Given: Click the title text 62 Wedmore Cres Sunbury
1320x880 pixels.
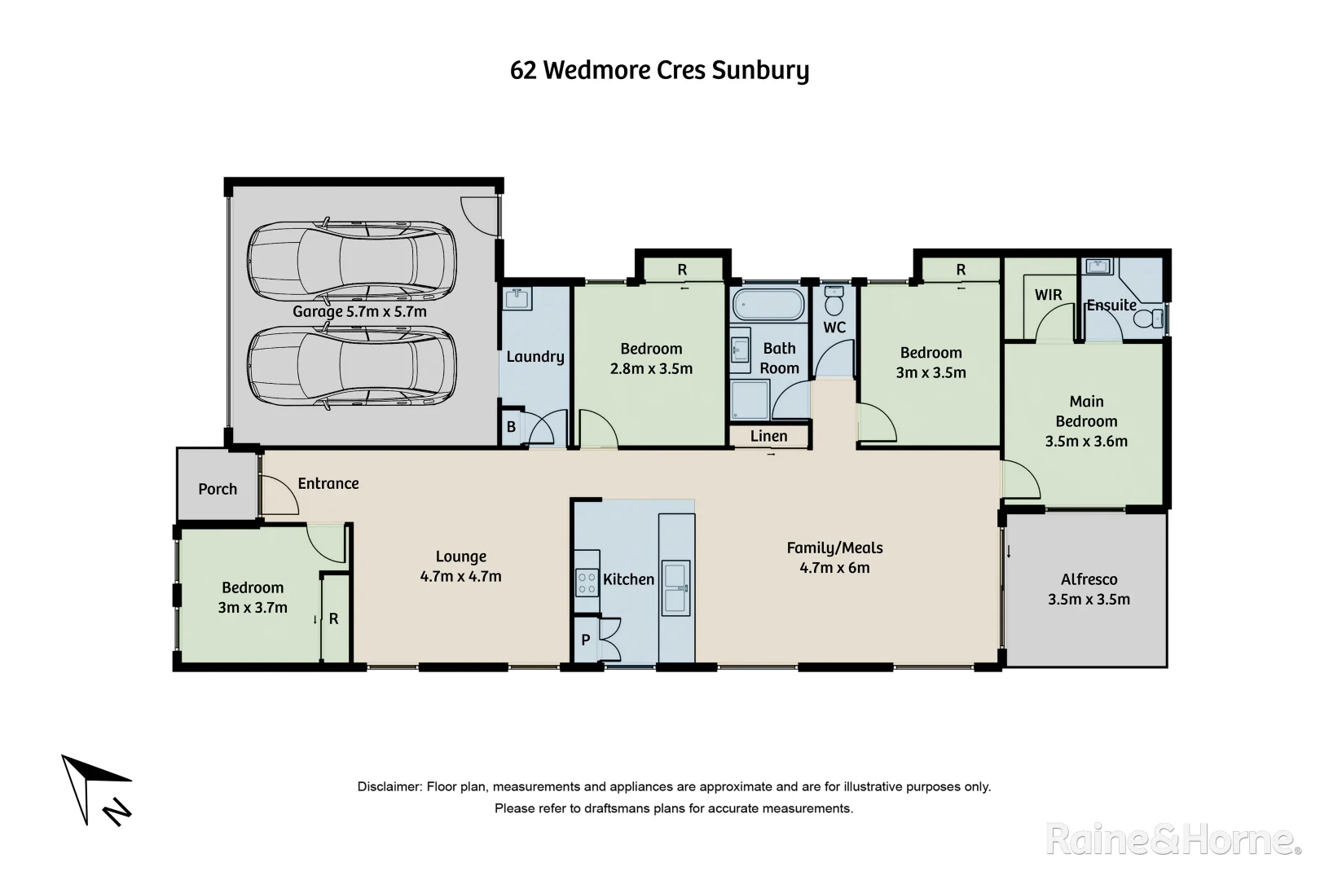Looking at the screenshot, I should point(659,71).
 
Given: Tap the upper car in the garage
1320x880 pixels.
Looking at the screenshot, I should point(351,261).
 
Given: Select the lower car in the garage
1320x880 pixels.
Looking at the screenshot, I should point(351,367).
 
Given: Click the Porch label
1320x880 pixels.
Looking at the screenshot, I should point(218,489).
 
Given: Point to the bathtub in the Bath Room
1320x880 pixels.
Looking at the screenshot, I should point(768,306).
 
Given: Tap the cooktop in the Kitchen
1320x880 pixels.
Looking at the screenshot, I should point(587,581).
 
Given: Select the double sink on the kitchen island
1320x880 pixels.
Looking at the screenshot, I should point(676,587).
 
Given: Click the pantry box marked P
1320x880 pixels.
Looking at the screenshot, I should point(585,640).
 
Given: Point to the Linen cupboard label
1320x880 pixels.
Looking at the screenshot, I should point(768,436).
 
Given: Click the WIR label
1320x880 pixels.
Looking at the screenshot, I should point(1048,295).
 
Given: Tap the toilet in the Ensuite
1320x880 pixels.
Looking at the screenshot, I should point(1151,319).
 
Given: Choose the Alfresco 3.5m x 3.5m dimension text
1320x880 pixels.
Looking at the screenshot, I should point(1089,600).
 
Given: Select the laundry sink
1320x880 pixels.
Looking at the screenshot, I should point(517,300).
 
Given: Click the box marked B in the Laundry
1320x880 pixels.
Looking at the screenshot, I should point(511,427).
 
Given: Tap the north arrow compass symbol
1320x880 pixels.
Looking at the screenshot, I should point(96,787).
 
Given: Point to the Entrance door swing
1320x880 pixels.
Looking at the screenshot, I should point(280,495).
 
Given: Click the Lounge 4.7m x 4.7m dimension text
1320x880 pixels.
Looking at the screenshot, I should point(460,576).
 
